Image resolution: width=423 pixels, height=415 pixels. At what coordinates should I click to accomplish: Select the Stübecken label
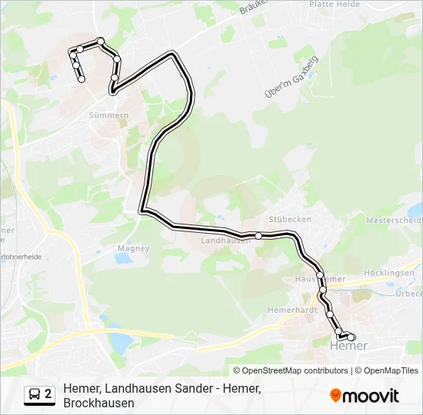point(290,219)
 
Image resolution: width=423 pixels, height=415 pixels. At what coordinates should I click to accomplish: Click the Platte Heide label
point(334,4)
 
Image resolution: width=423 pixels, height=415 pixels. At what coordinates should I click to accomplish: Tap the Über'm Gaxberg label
point(291,78)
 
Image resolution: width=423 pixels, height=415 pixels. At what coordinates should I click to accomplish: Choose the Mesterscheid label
point(395,220)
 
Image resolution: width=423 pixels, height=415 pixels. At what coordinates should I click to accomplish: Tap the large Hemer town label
point(348,346)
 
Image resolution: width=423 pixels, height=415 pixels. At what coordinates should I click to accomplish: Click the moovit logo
point(365,396)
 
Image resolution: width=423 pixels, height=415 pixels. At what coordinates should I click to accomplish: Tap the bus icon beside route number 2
point(35,395)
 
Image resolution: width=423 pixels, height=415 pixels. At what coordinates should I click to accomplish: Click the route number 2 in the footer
point(48,395)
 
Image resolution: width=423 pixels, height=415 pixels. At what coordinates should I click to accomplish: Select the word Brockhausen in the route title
point(98,403)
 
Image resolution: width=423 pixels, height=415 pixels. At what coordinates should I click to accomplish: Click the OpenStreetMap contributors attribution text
point(291,370)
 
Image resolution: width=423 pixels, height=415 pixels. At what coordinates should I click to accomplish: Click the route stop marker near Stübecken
point(259,236)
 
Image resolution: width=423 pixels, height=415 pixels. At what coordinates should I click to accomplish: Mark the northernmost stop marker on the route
point(100,41)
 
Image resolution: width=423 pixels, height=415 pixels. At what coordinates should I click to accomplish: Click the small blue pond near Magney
point(122,259)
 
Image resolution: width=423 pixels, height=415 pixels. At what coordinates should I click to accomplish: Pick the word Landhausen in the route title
point(137,389)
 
